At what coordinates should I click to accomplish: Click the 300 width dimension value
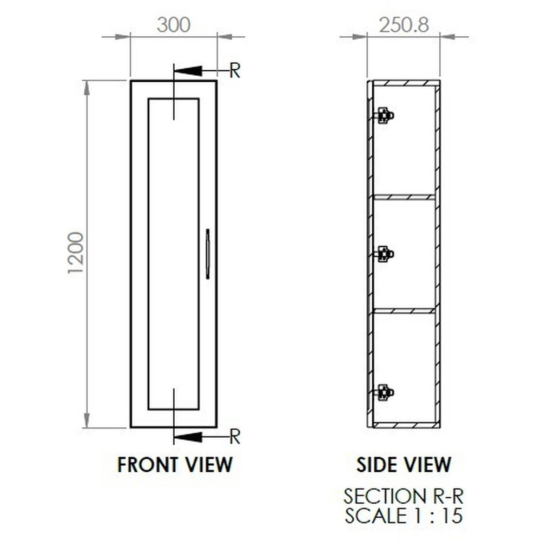click(174, 25)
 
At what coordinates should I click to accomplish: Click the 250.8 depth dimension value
click(404, 25)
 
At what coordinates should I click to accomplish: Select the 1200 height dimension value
click(76, 253)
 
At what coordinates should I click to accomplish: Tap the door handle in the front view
click(207, 254)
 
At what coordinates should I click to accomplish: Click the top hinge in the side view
click(384, 115)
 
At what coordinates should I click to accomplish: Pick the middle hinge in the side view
click(384, 254)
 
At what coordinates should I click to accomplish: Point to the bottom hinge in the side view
click(384, 393)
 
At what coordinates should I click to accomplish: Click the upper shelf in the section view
click(404, 197)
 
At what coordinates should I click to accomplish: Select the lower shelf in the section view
click(404, 311)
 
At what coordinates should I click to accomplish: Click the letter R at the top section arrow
click(235, 71)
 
